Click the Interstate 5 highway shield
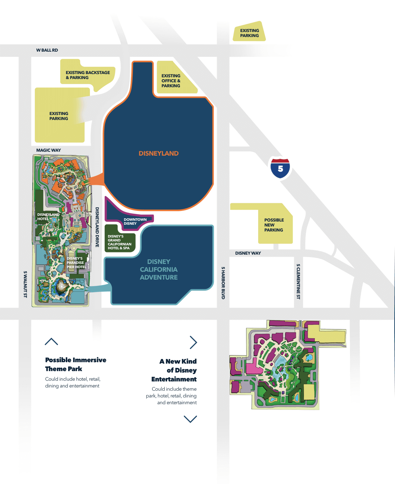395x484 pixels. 280,168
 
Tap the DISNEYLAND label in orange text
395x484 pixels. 159,153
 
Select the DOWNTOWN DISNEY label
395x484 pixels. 135,222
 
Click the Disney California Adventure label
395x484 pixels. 159,269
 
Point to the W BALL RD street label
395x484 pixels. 47,50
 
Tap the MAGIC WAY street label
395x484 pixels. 48,150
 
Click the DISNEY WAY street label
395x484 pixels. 248,253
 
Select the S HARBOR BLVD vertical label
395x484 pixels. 223,282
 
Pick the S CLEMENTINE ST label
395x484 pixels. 298,281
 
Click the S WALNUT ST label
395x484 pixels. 25,284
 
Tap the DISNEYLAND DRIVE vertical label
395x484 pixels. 97,227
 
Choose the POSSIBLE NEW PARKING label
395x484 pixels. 274,225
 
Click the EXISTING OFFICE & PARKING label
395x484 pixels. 171,81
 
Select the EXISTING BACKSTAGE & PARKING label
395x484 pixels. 87,75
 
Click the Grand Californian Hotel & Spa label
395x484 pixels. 119,242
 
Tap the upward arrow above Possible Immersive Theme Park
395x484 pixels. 52,342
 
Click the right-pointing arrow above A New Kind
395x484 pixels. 193,342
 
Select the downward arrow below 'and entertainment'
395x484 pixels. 190,419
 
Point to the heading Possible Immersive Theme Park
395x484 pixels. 75,364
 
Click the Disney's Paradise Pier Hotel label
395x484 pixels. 76,263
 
